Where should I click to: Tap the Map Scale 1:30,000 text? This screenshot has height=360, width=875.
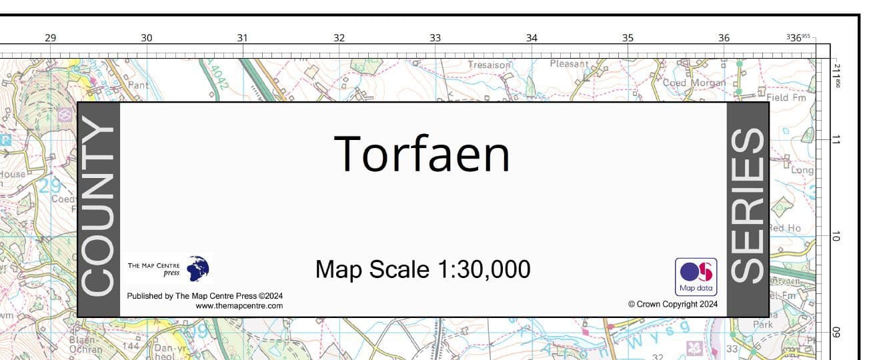click(x=423, y=269)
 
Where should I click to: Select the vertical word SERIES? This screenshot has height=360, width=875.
click(x=747, y=205)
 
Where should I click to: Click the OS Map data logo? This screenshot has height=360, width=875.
click(x=696, y=277)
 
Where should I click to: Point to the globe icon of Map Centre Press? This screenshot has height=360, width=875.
click(x=198, y=269)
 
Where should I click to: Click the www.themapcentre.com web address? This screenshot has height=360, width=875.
click(x=239, y=306)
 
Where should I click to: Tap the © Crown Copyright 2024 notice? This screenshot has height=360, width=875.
click(x=672, y=304)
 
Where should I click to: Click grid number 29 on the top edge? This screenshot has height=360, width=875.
click(x=51, y=38)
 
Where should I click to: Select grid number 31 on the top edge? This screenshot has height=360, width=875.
click(x=243, y=38)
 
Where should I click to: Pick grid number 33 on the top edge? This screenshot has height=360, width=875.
click(x=435, y=38)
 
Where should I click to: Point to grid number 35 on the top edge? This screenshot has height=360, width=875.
click(x=628, y=38)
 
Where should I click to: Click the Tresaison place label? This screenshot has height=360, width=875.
click(x=489, y=65)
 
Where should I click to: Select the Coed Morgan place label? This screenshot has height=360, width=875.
click(x=694, y=83)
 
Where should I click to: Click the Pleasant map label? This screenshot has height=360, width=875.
click(x=569, y=64)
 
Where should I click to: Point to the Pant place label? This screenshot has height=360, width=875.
click(x=139, y=85)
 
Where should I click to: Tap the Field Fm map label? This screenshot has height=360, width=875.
click(x=786, y=97)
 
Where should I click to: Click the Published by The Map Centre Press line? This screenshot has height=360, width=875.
click(x=204, y=295)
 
